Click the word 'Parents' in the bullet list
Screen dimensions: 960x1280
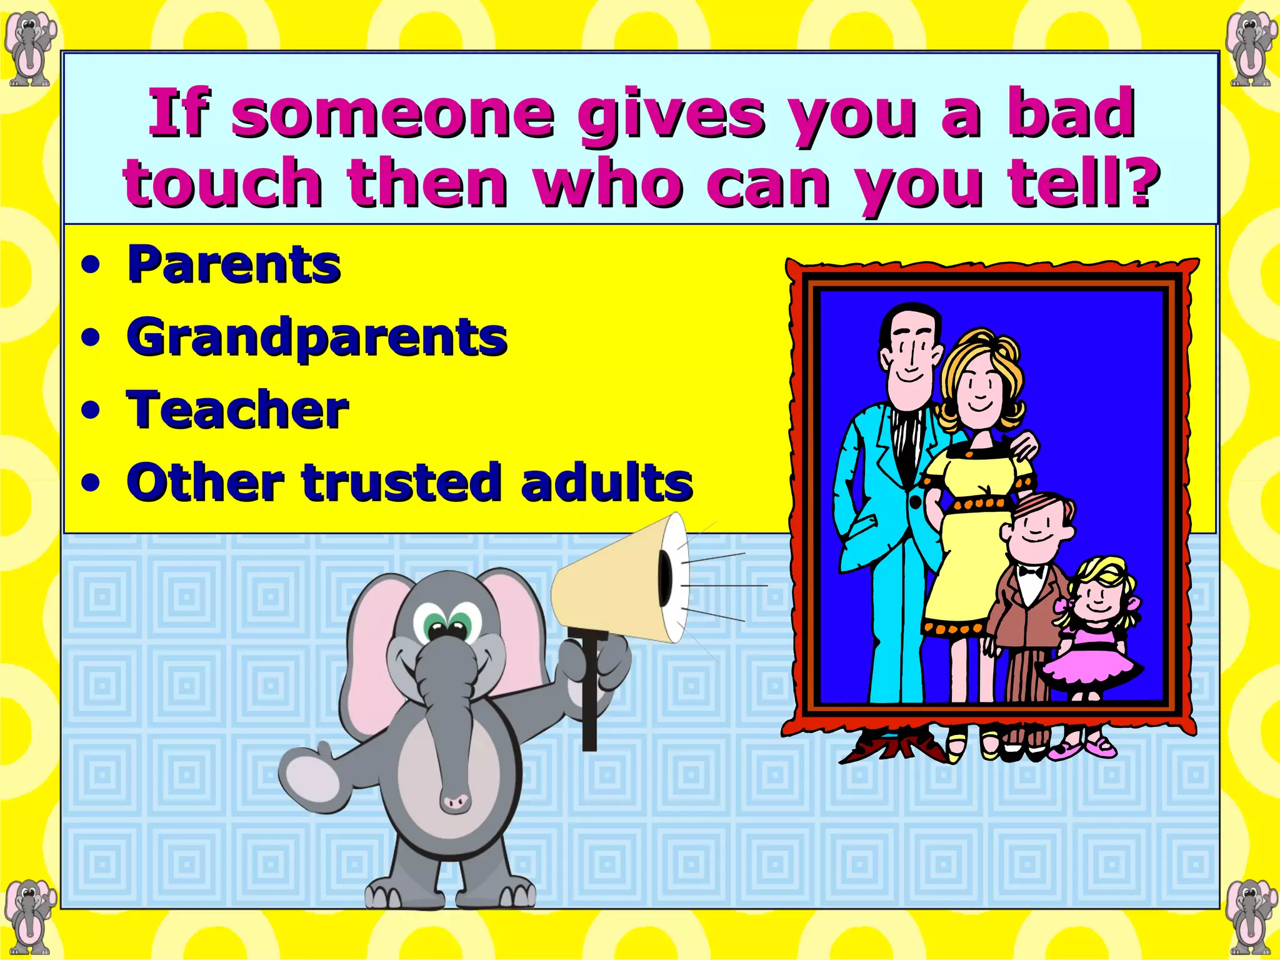click(x=234, y=265)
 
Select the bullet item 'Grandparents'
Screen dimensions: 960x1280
click(x=317, y=338)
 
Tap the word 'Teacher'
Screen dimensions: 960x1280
click(x=237, y=411)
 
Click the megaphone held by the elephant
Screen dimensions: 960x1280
click(x=619, y=581)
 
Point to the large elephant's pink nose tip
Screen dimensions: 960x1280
click(x=454, y=801)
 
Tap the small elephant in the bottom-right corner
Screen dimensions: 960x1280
click(x=1249, y=916)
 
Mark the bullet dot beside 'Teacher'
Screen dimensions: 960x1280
click(x=91, y=411)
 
